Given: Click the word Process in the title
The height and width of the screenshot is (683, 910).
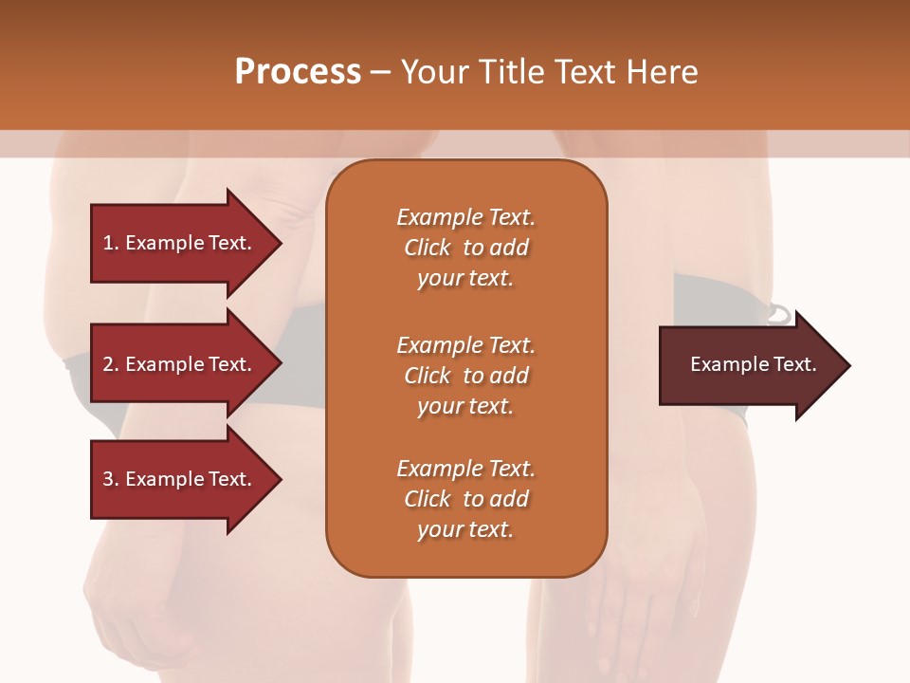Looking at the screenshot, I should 298,72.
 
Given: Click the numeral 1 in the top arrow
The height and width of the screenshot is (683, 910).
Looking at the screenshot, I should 108,243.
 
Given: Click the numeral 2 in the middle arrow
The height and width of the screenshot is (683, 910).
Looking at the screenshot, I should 108,364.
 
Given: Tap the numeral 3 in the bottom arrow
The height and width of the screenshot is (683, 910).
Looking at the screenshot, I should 108,479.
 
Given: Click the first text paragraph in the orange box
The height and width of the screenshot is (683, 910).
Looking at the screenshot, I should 465,248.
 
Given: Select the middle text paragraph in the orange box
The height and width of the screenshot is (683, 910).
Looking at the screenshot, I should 465,376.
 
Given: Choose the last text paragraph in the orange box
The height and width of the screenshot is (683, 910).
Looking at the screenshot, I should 465,499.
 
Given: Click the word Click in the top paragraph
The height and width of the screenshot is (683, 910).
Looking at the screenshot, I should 427,248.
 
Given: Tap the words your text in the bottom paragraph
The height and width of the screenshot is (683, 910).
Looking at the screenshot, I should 465,529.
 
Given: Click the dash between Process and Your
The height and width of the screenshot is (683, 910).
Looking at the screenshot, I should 381,72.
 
